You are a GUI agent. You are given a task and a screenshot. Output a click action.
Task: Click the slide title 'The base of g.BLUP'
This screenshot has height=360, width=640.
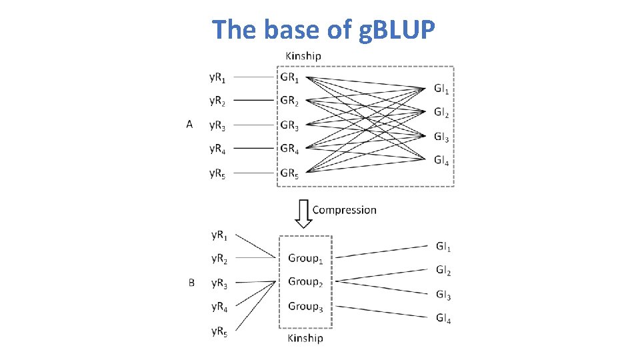(x=323, y=29)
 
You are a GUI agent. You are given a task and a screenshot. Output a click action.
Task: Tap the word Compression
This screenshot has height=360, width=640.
(x=344, y=210)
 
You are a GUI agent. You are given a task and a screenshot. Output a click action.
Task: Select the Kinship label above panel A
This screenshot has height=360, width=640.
(x=303, y=56)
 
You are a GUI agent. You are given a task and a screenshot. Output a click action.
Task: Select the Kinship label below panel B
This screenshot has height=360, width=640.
(x=305, y=338)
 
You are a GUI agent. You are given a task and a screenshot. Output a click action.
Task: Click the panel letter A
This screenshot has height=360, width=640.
(x=190, y=125)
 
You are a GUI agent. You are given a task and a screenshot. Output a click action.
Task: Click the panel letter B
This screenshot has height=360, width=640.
(x=191, y=283)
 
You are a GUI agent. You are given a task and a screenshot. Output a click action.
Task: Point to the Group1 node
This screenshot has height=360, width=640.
(x=305, y=258)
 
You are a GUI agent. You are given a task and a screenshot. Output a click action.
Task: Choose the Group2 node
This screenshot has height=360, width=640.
(x=305, y=282)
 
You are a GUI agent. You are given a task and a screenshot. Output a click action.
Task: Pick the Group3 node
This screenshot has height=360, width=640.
(x=305, y=307)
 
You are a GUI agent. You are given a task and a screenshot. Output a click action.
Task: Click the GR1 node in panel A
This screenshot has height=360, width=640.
(x=290, y=77)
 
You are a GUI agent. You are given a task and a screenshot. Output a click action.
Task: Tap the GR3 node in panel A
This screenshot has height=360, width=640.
(x=290, y=125)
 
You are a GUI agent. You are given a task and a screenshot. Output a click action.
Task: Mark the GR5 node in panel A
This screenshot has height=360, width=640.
(x=290, y=173)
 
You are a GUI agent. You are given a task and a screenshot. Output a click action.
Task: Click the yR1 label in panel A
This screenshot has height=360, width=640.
(x=217, y=78)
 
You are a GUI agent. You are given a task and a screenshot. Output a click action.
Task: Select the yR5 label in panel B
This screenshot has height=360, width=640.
(x=219, y=331)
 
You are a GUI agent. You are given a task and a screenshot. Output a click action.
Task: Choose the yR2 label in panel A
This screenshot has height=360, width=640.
(x=217, y=101)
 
